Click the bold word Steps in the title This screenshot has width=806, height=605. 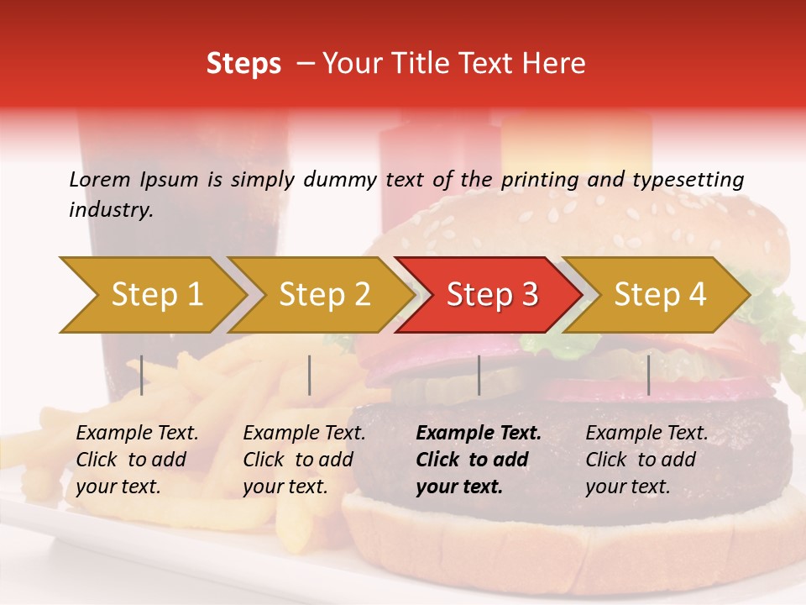coord(243,64)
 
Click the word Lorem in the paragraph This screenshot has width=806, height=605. coord(99,180)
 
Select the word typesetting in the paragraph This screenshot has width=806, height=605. coord(688,180)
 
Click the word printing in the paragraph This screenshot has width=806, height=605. coord(538,180)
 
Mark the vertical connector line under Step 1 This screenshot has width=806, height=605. coord(142,375)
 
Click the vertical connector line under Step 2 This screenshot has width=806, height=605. coord(310,375)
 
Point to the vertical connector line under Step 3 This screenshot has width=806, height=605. coord(479,375)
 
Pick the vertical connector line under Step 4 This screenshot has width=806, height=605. coord(648,375)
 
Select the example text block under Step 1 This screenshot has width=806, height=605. coord(137,460)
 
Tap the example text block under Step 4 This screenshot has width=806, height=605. coord(646,460)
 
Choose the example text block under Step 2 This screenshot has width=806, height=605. coord(304,460)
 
